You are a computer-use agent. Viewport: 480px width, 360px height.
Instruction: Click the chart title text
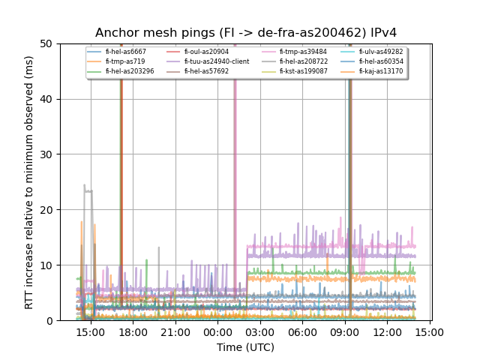[245, 33]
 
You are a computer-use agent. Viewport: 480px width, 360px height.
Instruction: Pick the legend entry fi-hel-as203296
[130, 71]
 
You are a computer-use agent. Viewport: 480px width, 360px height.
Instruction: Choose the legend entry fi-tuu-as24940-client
[216, 61]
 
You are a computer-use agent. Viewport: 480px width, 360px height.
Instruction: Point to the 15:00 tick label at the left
[91, 332]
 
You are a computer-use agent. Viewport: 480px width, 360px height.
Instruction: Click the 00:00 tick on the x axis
[217, 332]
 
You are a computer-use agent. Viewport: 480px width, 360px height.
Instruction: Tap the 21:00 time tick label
[175, 332]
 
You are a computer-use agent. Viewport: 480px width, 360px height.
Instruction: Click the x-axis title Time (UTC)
[245, 347]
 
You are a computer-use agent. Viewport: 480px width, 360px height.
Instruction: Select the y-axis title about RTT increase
[29, 182]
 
